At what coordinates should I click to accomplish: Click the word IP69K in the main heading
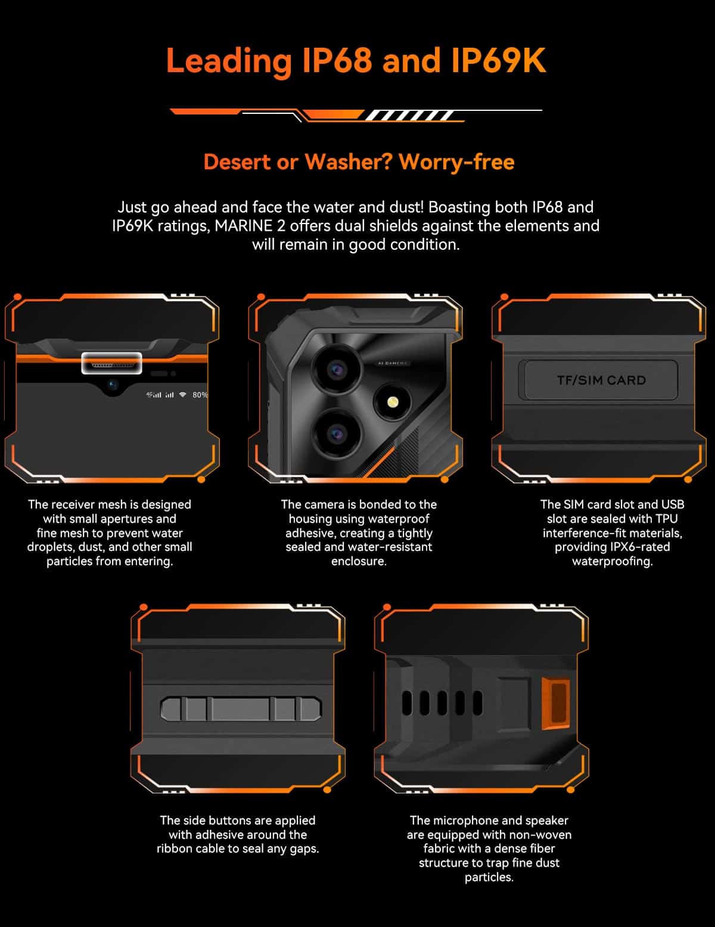(498, 60)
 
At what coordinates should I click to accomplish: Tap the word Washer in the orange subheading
(348, 162)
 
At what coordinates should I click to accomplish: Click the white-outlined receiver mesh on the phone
(111, 364)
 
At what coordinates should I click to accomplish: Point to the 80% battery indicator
(200, 395)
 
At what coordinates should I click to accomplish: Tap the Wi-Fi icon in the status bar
(182, 395)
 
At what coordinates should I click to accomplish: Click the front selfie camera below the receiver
(112, 385)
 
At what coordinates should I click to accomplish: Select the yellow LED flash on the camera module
(393, 402)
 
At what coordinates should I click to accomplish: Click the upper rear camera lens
(337, 370)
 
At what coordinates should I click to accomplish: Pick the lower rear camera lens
(337, 434)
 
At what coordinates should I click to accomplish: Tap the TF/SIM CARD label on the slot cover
(601, 380)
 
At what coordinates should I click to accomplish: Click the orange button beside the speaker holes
(556, 703)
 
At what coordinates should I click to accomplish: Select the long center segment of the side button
(241, 709)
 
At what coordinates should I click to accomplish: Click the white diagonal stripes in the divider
(409, 115)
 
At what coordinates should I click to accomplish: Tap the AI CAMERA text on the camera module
(392, 364)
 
